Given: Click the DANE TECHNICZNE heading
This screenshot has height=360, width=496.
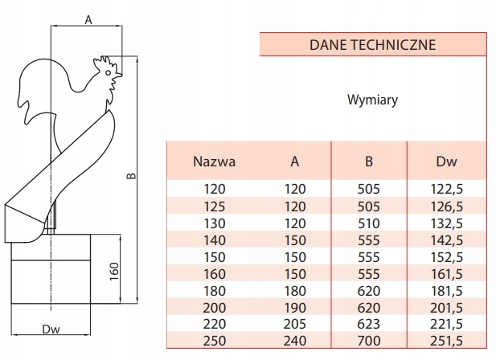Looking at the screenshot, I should coord(372,45).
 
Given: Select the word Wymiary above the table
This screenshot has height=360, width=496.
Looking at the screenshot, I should coord(372,101).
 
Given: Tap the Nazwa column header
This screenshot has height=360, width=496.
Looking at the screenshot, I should coord(214,161).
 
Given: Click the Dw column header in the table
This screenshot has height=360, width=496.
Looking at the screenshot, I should coord(446,161).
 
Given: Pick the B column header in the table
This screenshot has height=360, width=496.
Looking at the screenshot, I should coord(368,161).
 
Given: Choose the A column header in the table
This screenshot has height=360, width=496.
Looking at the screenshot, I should coord(295,161).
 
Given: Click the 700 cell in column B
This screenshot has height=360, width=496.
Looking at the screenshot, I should coord(368,341).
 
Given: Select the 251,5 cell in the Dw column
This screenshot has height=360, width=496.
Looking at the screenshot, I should coord(446,341).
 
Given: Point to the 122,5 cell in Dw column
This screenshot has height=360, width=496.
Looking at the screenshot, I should coord(446,190).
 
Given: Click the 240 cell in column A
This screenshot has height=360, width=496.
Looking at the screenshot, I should coord(295,341).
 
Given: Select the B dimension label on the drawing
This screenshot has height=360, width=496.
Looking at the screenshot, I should coord(131,174).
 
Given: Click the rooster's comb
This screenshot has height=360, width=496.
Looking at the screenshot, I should coord(105,61).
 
